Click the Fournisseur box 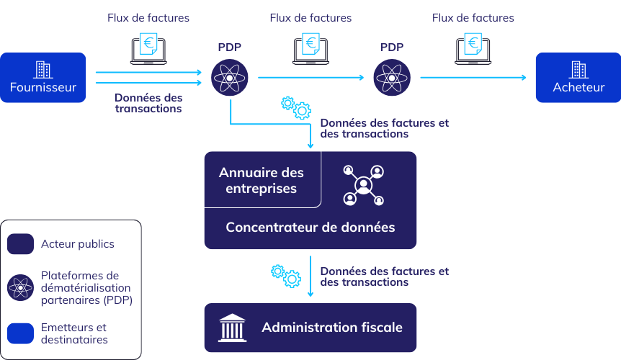click(x=43, y=78)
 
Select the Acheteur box click(x=578, y=78)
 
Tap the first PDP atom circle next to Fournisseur click(x=230, y=77)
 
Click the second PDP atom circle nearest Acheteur click(x=392, y=77)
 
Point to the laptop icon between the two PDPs click(x=311, y=48)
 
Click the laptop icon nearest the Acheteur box click(x=473, y=48)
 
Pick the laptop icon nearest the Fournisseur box click(x=149, y=48)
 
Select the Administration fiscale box click(x=310, y=328)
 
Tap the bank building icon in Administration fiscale click(x=231, y=328)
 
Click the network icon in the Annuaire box click(x=364, y=184)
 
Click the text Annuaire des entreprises click(x=261, y=181)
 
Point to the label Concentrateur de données click(x=310, y=228)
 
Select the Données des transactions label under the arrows click(x=148, y=103)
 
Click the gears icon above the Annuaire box click(x=295, y=107)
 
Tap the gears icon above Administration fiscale click(x=285, y=275)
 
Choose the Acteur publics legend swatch click(x=21, y=244)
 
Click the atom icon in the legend click(x=21, y=288)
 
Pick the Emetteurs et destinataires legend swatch click(x=21, y=333)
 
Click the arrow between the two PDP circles click(x=311, y=77)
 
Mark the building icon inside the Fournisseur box click(x=43, y=69)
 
